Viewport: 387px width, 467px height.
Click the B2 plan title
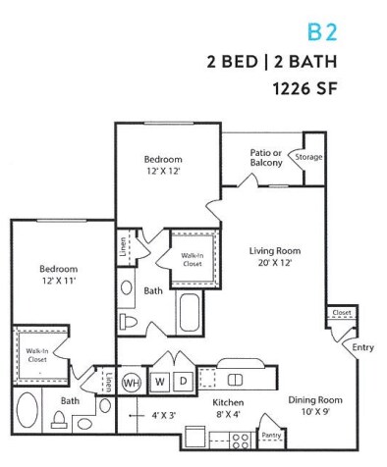pos(322,31)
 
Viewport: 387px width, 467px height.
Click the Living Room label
pos(273,256)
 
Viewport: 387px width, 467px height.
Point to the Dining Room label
pos(313,405)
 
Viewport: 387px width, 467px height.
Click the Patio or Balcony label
pos(266,157)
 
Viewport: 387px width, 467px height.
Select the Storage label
pos(309,157)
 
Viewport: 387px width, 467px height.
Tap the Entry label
pos(363,347)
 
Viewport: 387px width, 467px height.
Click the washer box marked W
pos(157,380)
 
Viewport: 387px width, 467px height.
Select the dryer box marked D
pos(182,380)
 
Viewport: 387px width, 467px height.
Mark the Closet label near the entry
pos(342,313)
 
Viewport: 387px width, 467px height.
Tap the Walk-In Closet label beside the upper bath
pos(192,258)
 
